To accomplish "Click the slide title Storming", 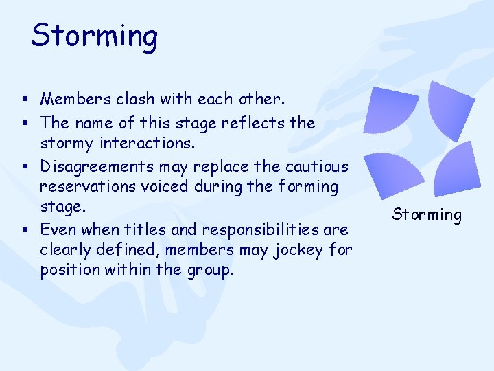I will [x=94, y=36].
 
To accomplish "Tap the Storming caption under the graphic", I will [x=427, y=214].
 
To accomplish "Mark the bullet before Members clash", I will [x=25, y=100].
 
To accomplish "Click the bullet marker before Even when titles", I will [x=25, y=229].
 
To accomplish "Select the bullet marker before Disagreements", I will [x=25, y=167].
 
